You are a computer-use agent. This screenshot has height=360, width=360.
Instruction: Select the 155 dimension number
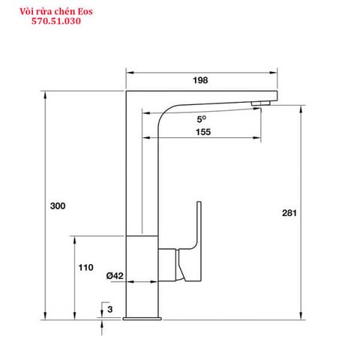pyautogui.click(x=202, y=131)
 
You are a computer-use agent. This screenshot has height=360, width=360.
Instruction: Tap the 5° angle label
pyautogui.click(x=202, y=118)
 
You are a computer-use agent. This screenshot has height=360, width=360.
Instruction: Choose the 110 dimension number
pyautogui.click(x=85, y=267)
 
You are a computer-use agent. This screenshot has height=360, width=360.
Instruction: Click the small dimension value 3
pyautogui.click(x=109, y=309)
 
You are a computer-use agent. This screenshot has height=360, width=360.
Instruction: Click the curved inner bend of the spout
pyautogui.click(x=169, y=112)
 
